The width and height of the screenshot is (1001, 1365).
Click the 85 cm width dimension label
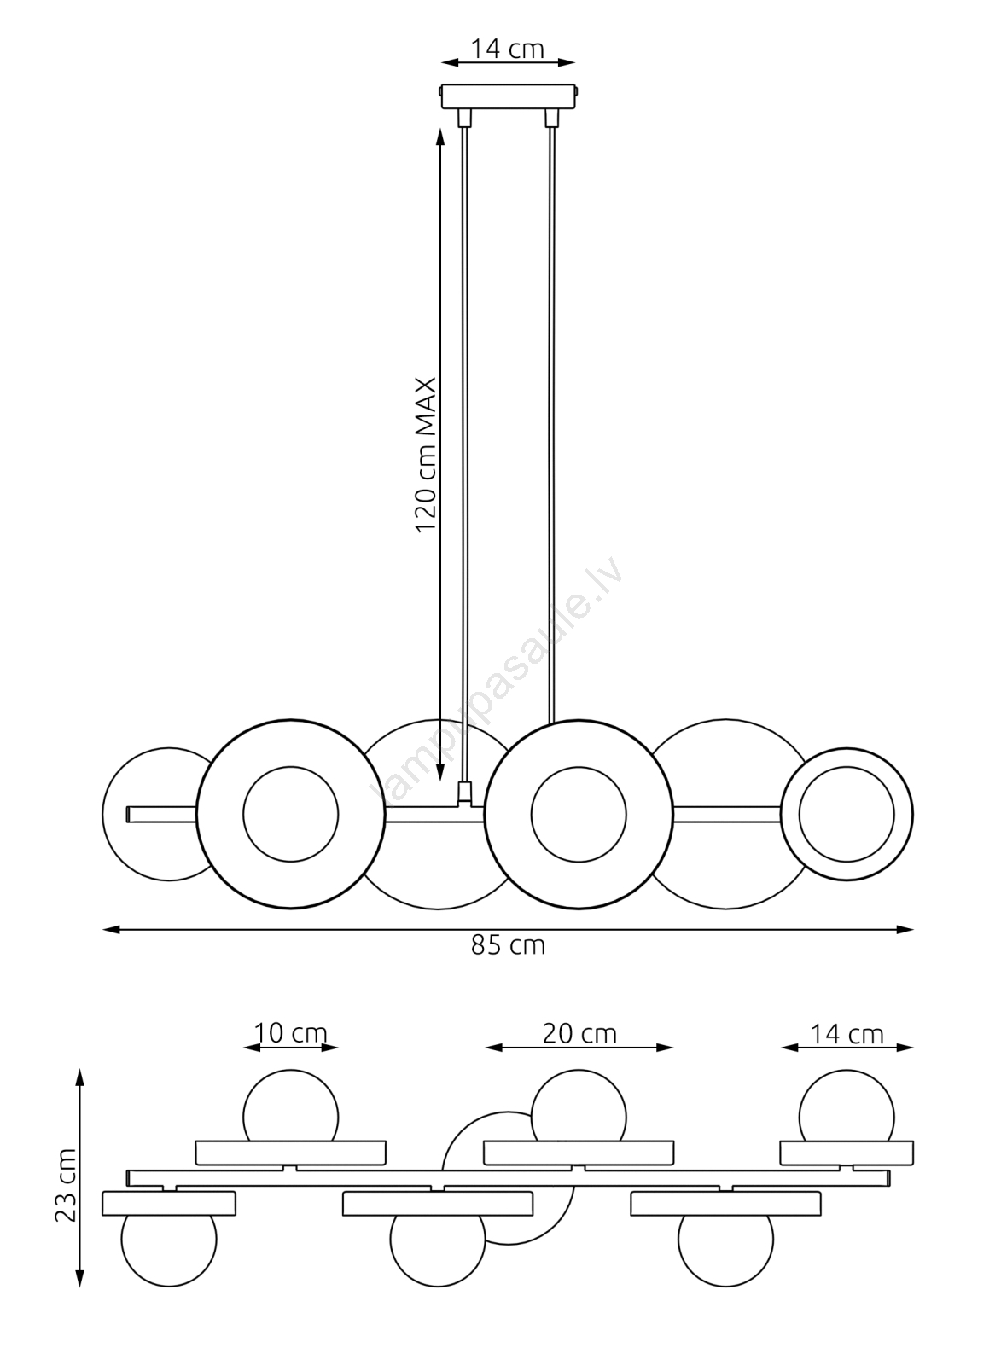click(508, 945)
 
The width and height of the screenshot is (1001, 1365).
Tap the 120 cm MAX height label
click(426, 455)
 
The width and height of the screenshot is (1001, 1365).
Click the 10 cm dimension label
click(290, 1033)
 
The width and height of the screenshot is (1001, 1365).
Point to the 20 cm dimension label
click(579, 1033)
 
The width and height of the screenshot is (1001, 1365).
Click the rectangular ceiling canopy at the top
click(509, 96)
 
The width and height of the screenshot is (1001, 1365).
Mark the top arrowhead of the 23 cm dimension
click(80, 1077)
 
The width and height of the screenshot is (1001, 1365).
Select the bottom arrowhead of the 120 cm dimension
click(440, 772)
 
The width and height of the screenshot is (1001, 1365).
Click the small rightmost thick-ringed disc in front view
click(847, 815)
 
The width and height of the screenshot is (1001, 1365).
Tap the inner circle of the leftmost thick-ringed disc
click(290, 814)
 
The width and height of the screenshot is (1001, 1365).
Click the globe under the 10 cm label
click(290, 1106)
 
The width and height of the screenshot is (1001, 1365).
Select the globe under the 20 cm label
click(579, 1106)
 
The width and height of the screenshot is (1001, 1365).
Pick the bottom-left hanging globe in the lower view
click(168, 1249)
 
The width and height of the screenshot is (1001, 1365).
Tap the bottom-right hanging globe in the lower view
click(726, 1249)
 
